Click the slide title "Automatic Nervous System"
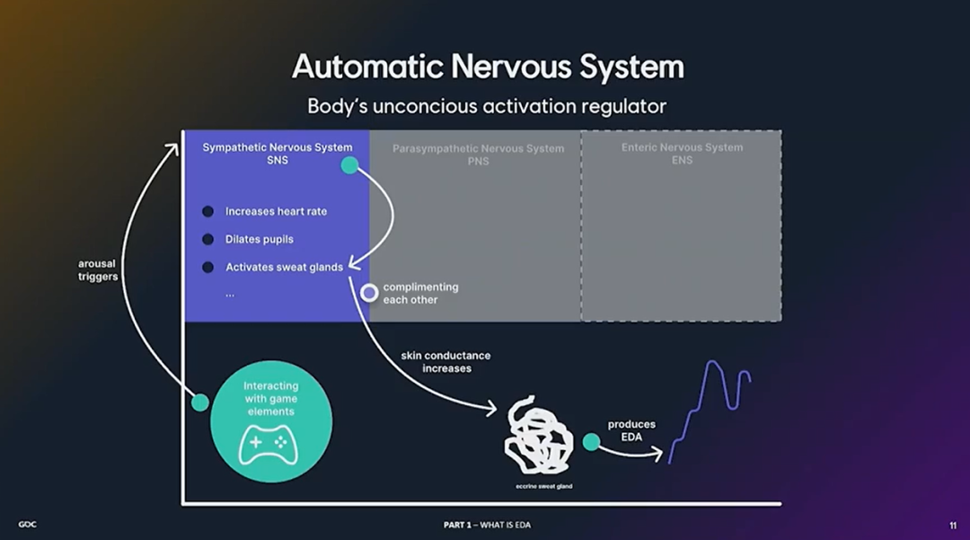(x=488, y=66)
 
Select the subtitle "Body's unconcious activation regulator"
(x=487, y=106)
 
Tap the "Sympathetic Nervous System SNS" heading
(x=277, y=154)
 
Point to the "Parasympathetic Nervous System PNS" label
(x=478, y=155)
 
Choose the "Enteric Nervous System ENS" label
(x=682, y=154)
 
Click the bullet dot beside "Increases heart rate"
(x=207, y=211)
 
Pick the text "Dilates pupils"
(x=259, y=239)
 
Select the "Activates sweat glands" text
(x=284, y=267)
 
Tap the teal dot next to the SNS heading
(x=349, y=164)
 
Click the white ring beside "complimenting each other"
(x=368, y=292)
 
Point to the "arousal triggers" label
(x=98, y=270)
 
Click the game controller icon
(x=268, y=443)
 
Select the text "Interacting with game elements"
(x=270, y=399)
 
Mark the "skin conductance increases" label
(x=445, y=361)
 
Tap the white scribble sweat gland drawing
(x=539, y=437)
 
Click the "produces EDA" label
(x=631, y=430)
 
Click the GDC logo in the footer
(x=27, y=524)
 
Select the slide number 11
(x=952, y=525)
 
